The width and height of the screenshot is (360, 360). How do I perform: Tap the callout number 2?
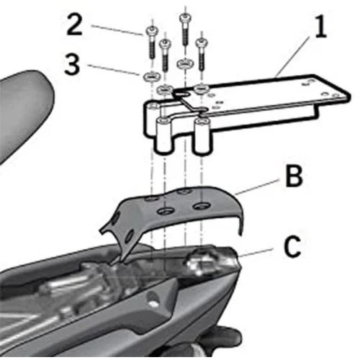(74, 24)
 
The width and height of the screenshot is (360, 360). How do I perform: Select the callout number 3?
(72, 64)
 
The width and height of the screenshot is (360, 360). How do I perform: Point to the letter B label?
(293, 176)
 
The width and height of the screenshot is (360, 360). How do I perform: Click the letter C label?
(292, 246)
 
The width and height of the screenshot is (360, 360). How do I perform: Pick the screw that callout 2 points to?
(150, 43)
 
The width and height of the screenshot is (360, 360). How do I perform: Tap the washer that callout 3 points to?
(150, 76)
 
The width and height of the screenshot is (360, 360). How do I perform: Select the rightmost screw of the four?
(202, 54)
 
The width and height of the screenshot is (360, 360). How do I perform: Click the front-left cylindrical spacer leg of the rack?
(164, 135)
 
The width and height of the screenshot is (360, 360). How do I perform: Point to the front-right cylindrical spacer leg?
(203, 135)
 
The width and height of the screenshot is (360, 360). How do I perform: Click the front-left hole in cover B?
(166, 211)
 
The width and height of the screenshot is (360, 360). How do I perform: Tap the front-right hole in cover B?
(202, 206)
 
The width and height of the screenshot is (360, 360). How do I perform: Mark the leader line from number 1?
(292, 57)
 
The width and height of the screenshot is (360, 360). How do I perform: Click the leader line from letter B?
(257, 187)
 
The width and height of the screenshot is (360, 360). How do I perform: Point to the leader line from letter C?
(255, 253)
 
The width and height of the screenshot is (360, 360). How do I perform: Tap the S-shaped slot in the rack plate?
(189, 102)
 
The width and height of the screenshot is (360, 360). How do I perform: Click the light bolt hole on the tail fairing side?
(153, 304)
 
